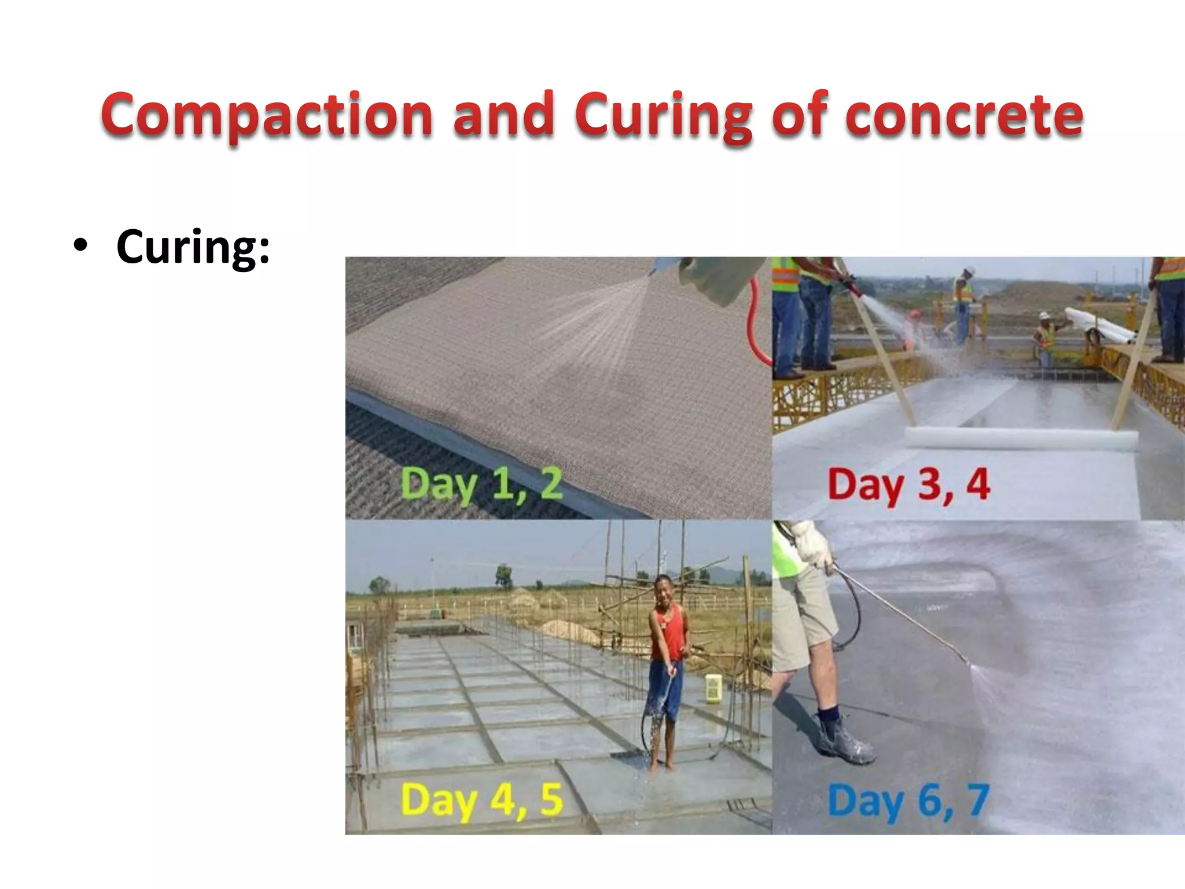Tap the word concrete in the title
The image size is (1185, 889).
click(964, 116)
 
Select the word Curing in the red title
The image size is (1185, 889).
click(664, 116)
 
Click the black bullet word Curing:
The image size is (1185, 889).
click(193, 247)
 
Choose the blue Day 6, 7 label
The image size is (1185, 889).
click(908, 800)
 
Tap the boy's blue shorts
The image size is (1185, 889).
click(665, 692)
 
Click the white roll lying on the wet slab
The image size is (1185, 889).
click(1018, 439)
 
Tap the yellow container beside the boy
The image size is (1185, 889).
click(713, 689)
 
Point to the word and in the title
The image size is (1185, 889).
click(503, 116)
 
